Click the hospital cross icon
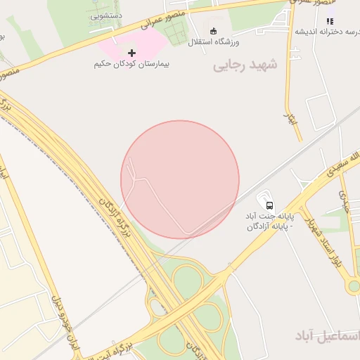pyautogui.click(x=131, y=52)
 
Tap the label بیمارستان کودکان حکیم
pyautogui.click(x=131, y=64)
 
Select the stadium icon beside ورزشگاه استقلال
pyautogui.click(x=214, y=30)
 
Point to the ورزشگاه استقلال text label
pyautogui.click(x=214, y=42)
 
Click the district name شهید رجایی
pyautogui.click(x=245, y=65)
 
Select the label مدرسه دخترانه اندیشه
pyautogui.click(x=327, y=32)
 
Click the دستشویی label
pyautogui.click(x=107, y=14)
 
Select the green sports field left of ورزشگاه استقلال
pyautogui.click(x=176, y=32)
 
